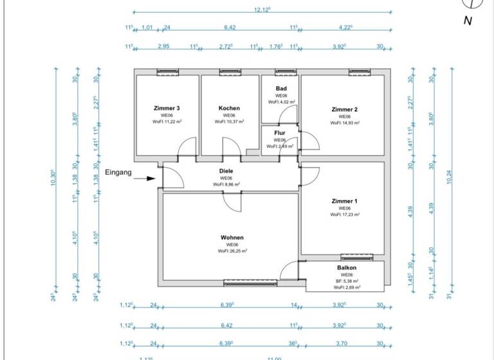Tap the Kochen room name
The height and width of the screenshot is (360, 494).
[x=229, y=108]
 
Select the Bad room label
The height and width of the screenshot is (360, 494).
[x=280, y=89]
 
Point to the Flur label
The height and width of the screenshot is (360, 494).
[x=280, y=133]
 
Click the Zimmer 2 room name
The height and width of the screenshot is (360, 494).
[x=344, y=109]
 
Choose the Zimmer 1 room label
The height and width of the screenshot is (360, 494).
[x=344, y=201]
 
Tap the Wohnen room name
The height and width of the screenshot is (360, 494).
[x=232, y=237]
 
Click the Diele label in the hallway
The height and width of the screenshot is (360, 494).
[x=226, y=171]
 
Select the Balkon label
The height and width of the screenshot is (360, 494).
[x=346, y=267]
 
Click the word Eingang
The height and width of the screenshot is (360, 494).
[x=118, y=172]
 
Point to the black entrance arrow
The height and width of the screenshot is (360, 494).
[x=147, y=179]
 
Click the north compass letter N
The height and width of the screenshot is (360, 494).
[x=468, y=21]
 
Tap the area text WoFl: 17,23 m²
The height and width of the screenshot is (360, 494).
[x=344, y=215]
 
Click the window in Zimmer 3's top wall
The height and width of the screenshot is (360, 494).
[x=167, y=72]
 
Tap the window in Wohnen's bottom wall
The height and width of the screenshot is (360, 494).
[x=250, y=282]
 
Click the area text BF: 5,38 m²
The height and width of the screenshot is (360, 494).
[x=345, y=281]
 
